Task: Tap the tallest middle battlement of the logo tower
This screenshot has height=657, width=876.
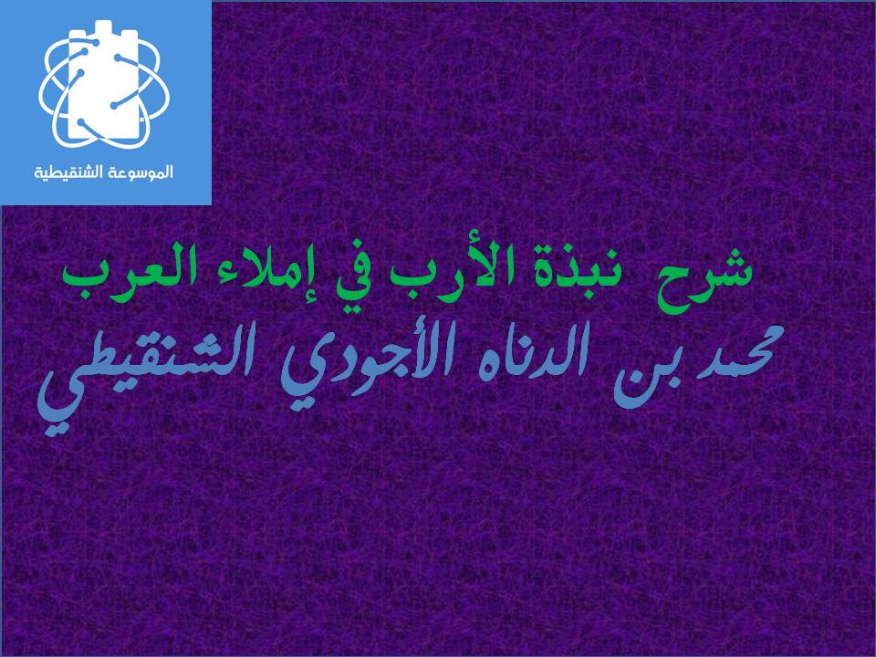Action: pyautogui.click(x=103, y=29)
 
